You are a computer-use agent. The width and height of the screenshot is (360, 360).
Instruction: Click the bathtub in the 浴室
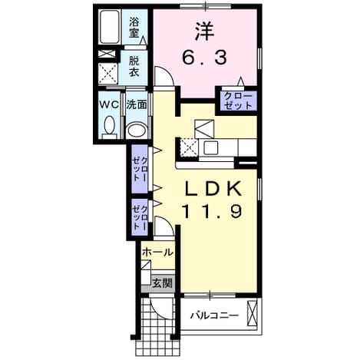[110, 27]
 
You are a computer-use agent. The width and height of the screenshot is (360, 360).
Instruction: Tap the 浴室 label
[134, 27]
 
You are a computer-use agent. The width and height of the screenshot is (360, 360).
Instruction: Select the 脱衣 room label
[134, 66]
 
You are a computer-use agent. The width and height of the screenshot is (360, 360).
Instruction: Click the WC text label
[109, 104]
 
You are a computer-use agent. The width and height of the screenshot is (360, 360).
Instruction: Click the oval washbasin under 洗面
[137, 130]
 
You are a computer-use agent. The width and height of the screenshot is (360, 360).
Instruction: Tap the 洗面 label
[137, 104]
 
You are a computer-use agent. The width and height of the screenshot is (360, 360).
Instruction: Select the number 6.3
[204, 58]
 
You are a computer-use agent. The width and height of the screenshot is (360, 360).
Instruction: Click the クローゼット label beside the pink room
[238, 101]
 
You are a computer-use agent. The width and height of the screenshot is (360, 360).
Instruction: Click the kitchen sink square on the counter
[210, 147]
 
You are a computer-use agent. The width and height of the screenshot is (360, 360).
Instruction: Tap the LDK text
[213, 189]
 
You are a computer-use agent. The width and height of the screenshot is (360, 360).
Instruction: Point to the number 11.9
[212, 212]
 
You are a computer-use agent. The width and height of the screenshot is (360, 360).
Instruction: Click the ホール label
[158, 253]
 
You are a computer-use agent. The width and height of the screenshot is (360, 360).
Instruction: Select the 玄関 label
[163, 283]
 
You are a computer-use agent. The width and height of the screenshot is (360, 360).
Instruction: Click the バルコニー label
[214, 315]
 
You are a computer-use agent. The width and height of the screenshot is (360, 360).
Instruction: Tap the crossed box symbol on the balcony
[252, 314]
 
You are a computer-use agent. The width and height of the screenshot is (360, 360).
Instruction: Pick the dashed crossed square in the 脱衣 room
[108, 73]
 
